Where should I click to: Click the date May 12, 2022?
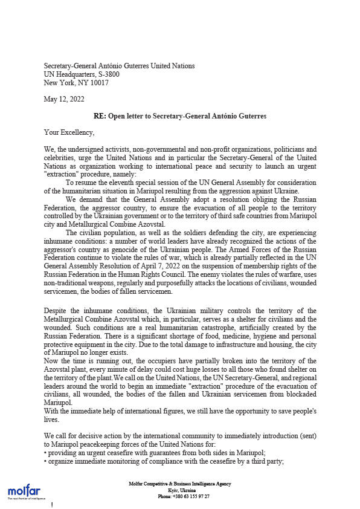(x=64, y=99)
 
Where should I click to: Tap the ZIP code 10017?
(x=98, y=83)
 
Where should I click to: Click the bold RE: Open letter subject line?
(x=180, y=116)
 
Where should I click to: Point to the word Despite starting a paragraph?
(x=57, y=311)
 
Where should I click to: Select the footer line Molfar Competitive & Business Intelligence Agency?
(x=180, y=484)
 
